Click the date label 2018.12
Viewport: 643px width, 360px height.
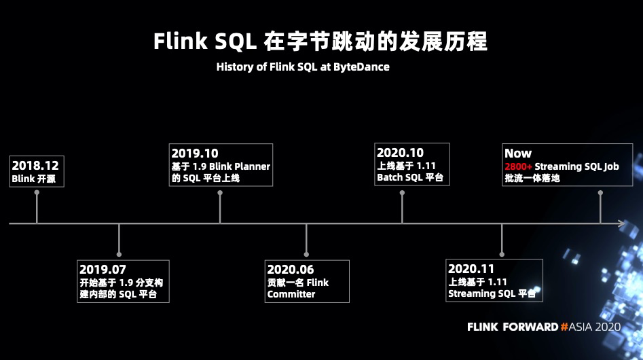[x=35, y=165]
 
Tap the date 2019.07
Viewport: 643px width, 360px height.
[x=103, y=270]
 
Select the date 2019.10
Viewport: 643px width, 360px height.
[x=195, y=154]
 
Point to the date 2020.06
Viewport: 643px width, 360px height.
[x=291, y=270]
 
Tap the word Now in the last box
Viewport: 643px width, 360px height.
[x=518, y=154]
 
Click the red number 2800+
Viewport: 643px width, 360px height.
[x=518, y=166]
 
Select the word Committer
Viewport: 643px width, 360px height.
[x=291, y=294]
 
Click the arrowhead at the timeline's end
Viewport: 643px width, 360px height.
[x=621, y=223]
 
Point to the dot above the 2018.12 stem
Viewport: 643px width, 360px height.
[x=37, y=192]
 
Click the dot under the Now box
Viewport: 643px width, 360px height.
[x=600, y=192]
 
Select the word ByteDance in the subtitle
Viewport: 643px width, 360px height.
[x=361, y=67]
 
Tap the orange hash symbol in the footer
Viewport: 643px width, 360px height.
[x=564, y=327]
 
